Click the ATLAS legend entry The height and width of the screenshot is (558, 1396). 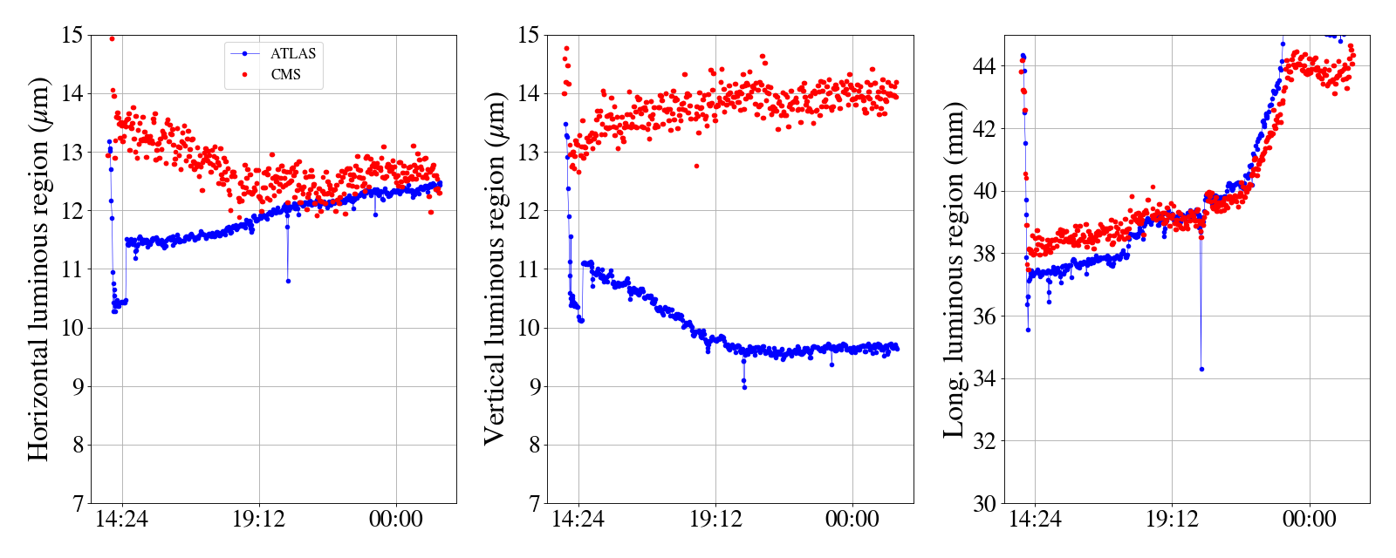(292, 53)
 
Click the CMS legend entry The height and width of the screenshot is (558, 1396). (285, 75)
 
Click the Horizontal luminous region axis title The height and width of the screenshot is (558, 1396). (38, 269)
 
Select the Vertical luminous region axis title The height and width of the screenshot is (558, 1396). (495, 269)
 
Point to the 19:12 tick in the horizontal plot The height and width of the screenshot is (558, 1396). (259, 520)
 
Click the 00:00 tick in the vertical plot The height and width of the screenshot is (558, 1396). (852, 520)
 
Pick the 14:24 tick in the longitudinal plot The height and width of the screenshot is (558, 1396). (1035, 520)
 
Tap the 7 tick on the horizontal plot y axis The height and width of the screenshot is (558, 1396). (77, 504)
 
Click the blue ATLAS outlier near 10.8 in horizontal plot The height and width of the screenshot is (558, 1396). (288, 281)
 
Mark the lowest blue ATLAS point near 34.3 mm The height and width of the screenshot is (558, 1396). (1201, 369)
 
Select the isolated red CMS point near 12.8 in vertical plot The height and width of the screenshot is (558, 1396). (696, 166)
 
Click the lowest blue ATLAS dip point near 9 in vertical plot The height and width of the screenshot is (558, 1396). (744, 387)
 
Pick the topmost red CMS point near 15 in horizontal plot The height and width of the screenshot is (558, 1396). (112, 38)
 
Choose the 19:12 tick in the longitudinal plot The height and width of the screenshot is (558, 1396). (1172, 520)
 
